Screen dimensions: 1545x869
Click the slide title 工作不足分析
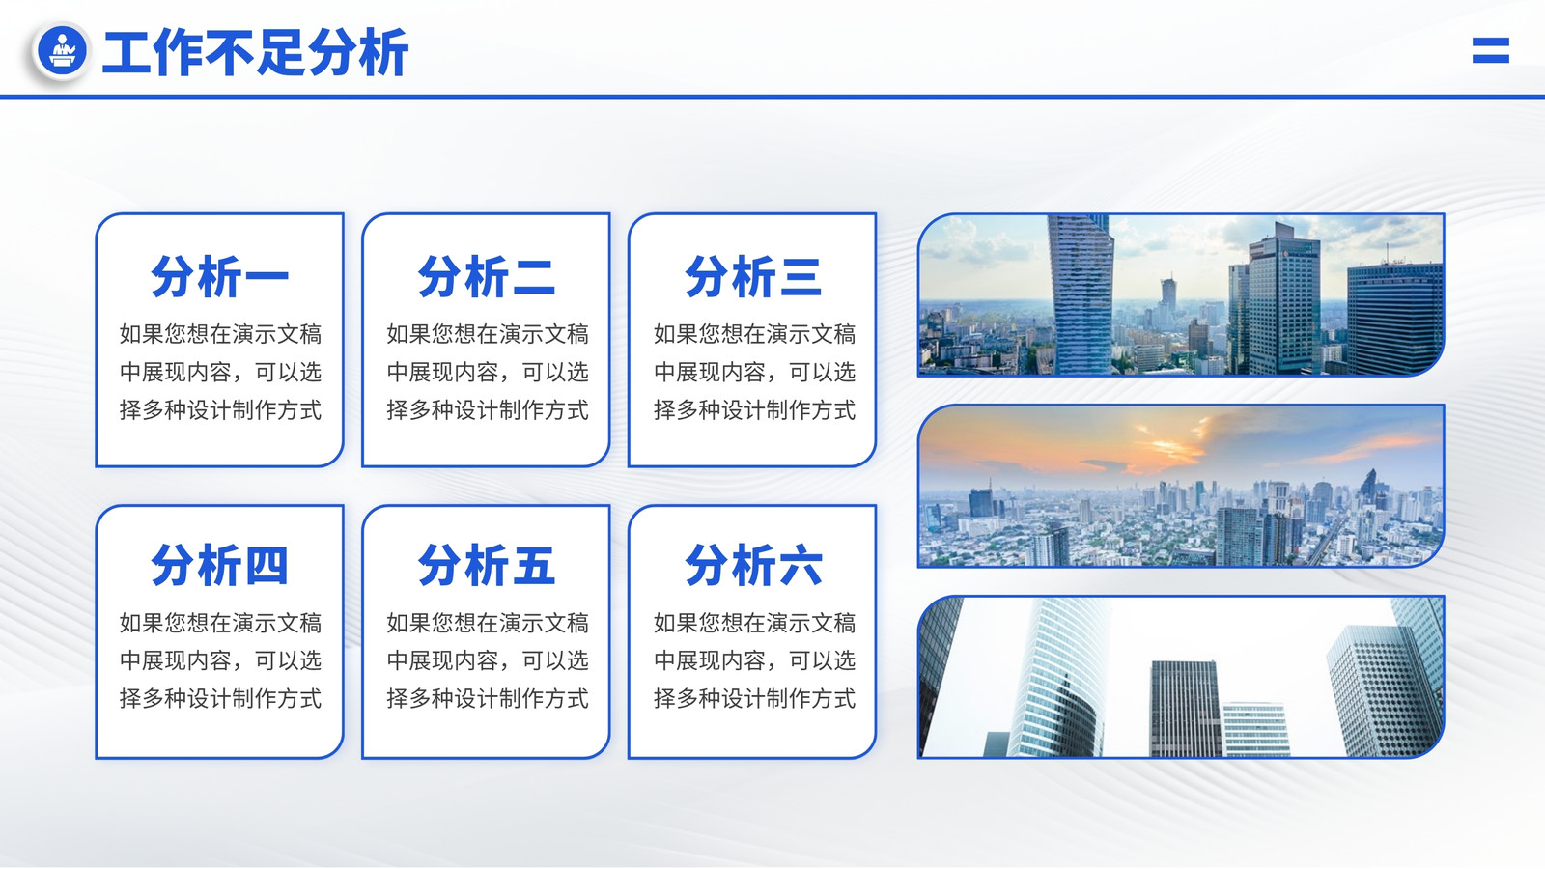pyautogui.click(x=255, y=52)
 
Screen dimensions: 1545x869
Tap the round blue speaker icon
pyautogui.click(x=62, y=50)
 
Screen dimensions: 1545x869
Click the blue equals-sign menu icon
pyautogui.click(x=1491, y=50)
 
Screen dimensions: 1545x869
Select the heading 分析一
pyautogui.click(x=219, y=276)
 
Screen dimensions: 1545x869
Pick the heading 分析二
pyautogui.click(x=487, y=276)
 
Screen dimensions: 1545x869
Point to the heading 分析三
pyautogui.click(x=753, y=276)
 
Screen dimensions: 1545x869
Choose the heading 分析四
pyautogui.click(x=219, y=565)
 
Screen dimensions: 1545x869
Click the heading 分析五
pyautogui.click(x=487, y=565)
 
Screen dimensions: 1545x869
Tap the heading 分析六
pyautogui.click(x=753, y=565)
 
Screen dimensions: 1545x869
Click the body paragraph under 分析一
pyautogui.click(x=220, y=372)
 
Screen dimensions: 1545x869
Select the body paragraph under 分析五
pyautogui.click(x=487, y=660)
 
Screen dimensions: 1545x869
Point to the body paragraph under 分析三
pyautogui.click(x=754, y=372)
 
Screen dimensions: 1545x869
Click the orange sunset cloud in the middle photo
pyautogui.click(x=1172, y=445)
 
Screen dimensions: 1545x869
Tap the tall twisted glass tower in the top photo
pyautogui.click(x=1081, y=295)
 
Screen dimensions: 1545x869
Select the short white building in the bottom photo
pyautogui.click(x=1255, y=730)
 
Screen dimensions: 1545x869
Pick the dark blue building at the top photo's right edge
pyautogui.click(x=1394, y=319)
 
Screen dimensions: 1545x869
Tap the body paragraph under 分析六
pyautogui.click(x=754, y=660)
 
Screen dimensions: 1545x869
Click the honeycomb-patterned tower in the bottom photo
pyautogui.click(x=1383, y=689)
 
